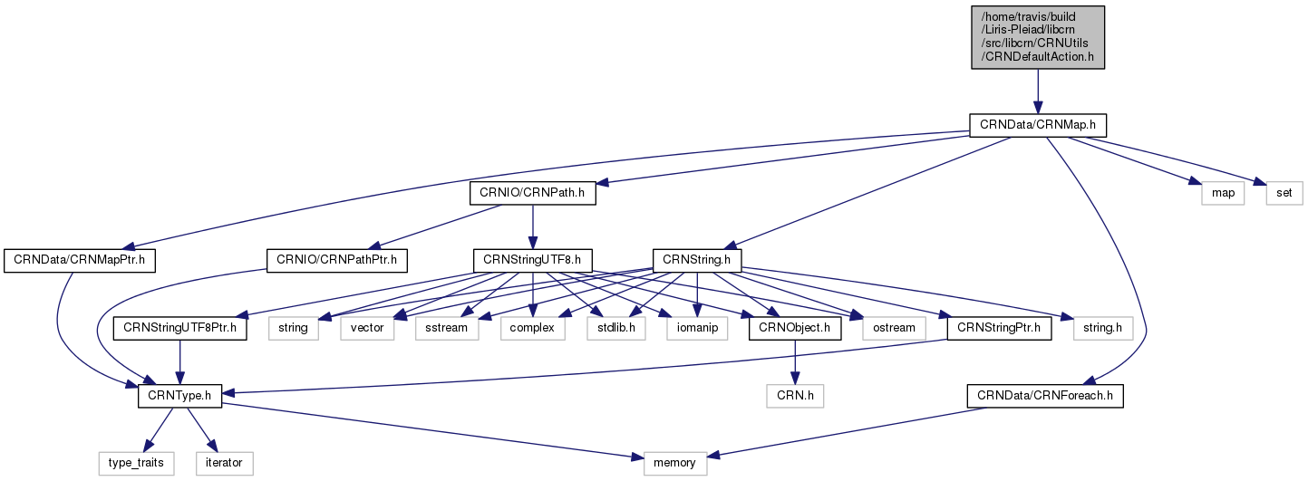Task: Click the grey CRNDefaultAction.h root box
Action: coord(1038,36)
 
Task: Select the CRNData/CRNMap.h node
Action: coord(1038,124)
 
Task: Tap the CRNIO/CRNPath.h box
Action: coord(532,192)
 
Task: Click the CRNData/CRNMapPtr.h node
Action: coord(80,260)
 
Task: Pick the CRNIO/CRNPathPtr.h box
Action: coord(336,260)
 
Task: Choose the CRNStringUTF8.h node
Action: coord(532,260)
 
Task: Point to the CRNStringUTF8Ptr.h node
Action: coord(179,328)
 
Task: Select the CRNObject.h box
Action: coord(795,328)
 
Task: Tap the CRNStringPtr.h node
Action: coord(998,328)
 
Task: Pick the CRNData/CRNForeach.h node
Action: coord(1044,396)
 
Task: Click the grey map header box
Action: coord(1221,192)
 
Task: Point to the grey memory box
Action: coord(674,463)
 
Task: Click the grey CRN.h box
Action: coord(795,396)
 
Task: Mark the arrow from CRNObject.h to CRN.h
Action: coord(795,362)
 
